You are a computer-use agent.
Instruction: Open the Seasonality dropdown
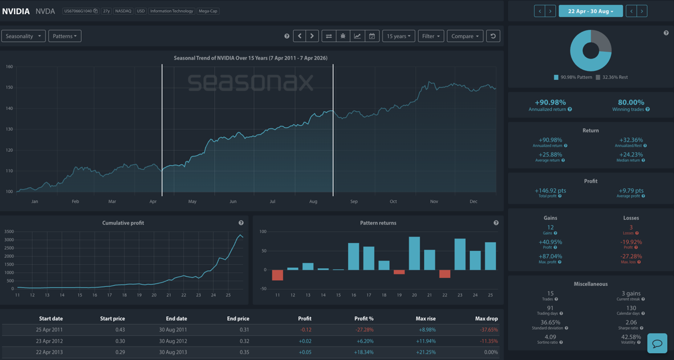click(x=23, y=36)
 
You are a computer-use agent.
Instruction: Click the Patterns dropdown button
click(x=65, y=36)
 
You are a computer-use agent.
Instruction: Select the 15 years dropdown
click(x=398, y=36)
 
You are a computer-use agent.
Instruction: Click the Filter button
click(x=430, y=36)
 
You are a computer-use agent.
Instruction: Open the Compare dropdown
click(x=465, y=36)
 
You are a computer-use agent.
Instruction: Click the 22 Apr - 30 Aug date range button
click(x=590, y=11)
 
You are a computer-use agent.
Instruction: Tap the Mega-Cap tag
click(x=208, y=11)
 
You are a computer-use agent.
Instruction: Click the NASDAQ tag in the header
click(x=123, y=11)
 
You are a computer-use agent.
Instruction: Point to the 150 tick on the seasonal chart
click(x=9, y=88)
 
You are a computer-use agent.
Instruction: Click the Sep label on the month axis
click(x=354, y=201)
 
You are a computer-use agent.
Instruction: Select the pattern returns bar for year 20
click(x=414, y=253)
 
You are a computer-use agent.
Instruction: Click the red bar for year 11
click(x=277, y=275)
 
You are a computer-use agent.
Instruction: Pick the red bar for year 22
click(x=444, y=274)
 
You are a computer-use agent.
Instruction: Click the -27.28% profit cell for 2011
click(x=365, y=330)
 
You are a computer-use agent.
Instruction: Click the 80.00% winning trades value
click(x=631, y=102)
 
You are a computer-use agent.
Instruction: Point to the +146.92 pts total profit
click(x=550, y=191)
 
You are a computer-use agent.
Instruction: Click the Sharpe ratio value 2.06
click(x=631, y=322)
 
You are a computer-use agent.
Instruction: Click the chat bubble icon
click(x=657, y=343)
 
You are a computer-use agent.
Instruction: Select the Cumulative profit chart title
click(x=123, y=223)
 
